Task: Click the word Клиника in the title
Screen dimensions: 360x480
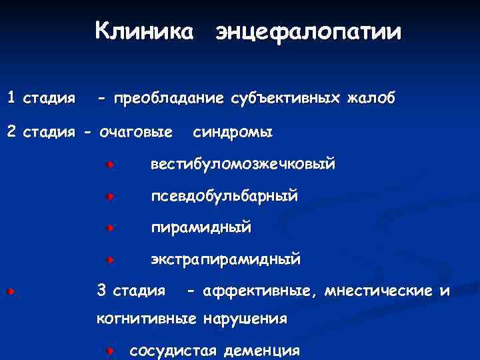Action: tap(145, 31)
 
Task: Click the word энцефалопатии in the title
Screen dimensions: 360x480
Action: tap(307, 32)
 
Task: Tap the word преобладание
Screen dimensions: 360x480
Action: tap(169, 99)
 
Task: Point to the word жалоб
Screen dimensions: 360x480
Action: tap(371, 99)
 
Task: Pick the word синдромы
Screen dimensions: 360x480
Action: tap(233, 132)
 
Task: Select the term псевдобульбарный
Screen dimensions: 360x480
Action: tap(224, 197)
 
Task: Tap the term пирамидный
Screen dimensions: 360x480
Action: tap(201, 228)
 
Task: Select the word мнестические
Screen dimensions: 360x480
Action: tap(378, 291)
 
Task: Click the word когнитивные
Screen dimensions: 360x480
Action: tap(146, 319)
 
